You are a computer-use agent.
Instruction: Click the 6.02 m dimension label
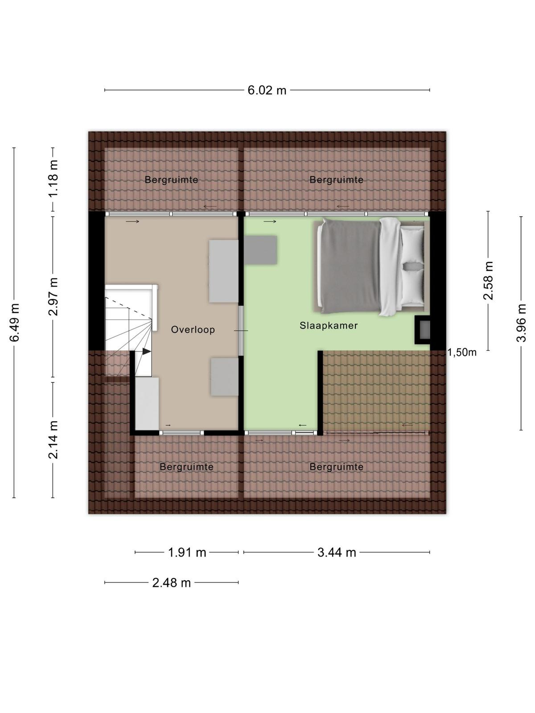coord(267,90)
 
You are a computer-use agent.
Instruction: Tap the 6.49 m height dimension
coord(15,322)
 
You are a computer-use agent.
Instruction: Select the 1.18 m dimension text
coord(53,178)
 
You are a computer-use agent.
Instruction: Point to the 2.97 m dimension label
coord(53,297)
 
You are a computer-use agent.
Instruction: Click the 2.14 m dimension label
coord(53,439)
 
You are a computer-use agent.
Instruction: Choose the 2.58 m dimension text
coord(488,280)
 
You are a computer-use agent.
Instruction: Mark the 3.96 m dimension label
coord(521,323)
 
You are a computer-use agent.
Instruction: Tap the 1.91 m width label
coord(187,552)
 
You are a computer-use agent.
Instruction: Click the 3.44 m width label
coord(337,552)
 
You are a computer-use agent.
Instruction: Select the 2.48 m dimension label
coord(172,583)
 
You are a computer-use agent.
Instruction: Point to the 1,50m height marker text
coord(462,352)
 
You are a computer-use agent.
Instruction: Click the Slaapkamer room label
coord(329,325)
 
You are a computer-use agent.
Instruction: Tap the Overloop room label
coord(193,330)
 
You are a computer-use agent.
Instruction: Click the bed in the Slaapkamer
coord(370,266)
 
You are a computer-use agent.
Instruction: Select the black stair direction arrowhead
coord(147,351)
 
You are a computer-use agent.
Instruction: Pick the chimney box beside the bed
coord(422,330)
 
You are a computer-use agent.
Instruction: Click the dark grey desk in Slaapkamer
coord(260,250)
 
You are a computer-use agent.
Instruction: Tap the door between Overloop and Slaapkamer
coord(241,331)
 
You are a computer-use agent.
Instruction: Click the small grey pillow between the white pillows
coord(412,266)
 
